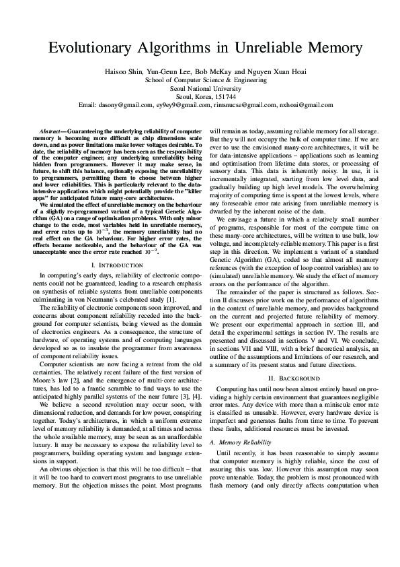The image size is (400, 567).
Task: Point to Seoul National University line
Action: point(200,88)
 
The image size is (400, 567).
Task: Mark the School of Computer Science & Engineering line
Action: point(200,79)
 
